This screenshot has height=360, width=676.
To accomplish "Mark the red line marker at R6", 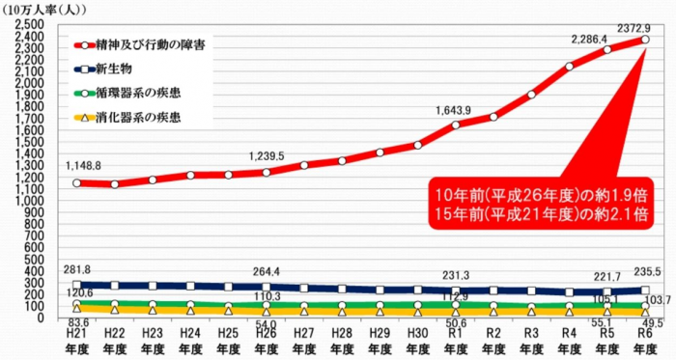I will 644,39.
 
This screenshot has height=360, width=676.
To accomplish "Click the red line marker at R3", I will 531,95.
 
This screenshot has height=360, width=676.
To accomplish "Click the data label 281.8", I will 75,269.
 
